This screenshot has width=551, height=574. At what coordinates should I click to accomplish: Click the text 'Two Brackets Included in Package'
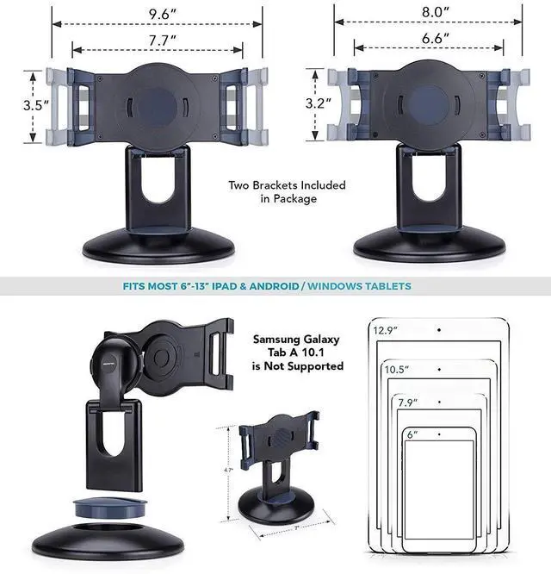[287, 191]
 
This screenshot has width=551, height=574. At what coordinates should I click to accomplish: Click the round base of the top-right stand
[429, 246]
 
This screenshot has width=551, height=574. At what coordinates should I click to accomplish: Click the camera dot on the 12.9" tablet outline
[438, 329]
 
